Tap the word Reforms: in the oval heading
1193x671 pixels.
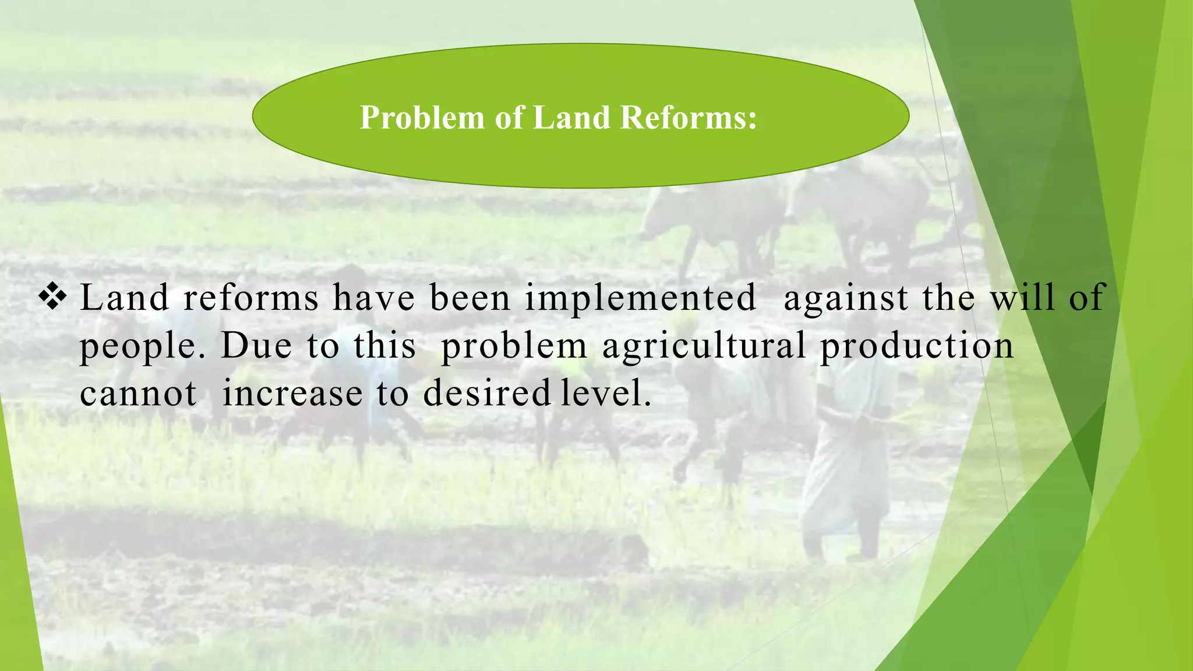click(x=688, y=118)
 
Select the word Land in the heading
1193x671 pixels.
click(x=570, y=118)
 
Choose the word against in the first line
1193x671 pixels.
click(x=846, y=298)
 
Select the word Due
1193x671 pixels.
click(x=256, y=346)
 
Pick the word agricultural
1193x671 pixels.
click(x=704, y=347)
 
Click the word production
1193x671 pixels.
click(x=917, y=347)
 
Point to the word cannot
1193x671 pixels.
click(x=138, y=394)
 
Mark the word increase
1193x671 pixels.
click(x=292, y=394)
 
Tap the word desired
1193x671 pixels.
click(x=486, y=394)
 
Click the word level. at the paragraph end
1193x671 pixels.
click(x=605, y=394)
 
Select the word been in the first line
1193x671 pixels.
click(x=470, y=298)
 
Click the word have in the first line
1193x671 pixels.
click(x=373, y=298)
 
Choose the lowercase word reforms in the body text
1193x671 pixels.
click(x=251, y=298)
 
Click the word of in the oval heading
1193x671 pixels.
click(x=509, y=118)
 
